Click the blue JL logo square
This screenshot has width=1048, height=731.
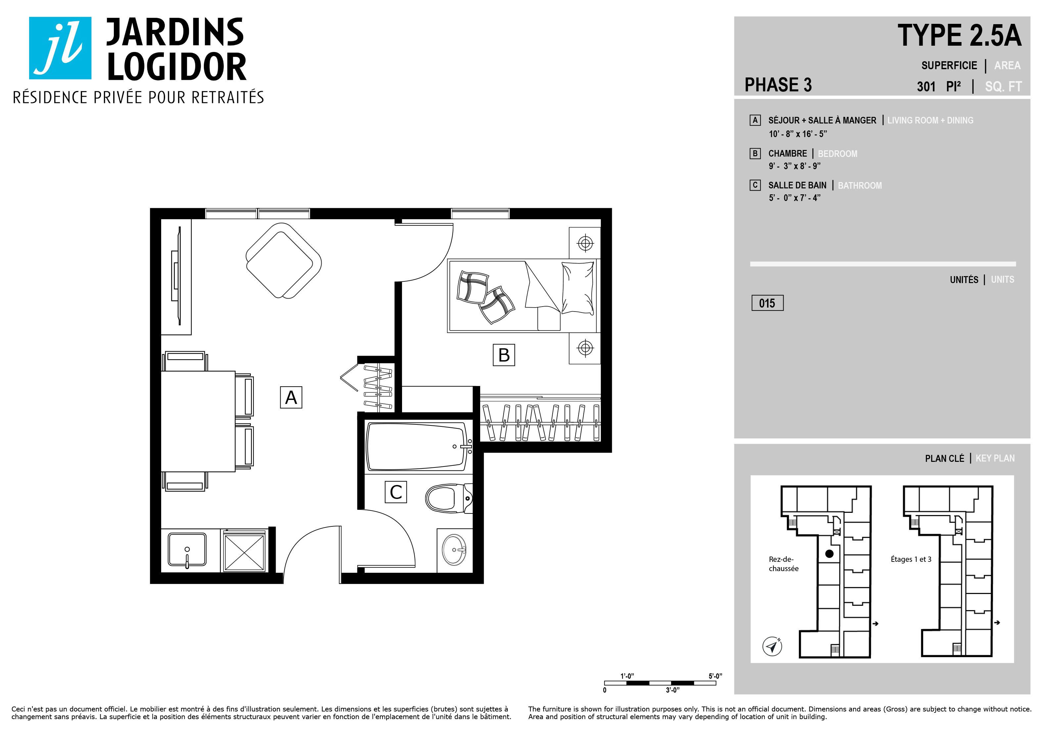(x=60, y=48)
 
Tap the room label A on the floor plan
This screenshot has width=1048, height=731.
(x=291, y=397)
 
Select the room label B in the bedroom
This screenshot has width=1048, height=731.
(x=504, y=355)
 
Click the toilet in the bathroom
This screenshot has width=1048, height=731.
(x=449, y=498)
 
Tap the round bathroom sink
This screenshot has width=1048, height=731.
(x=454, y=550)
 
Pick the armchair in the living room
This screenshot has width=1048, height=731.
(x=284, y=261)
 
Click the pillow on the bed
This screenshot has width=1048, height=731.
(x=578, y=288)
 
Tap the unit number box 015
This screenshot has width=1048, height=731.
(x=767, y=303)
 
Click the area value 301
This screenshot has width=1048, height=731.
(x=926, y=86)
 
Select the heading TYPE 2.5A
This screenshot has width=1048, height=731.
(x=959, y=36)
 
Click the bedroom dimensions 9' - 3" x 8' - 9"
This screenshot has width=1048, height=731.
(x=794, y=166)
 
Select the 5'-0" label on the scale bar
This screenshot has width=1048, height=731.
(x=715, y=676)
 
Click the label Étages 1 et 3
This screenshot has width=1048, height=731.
(x=911, y=559)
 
